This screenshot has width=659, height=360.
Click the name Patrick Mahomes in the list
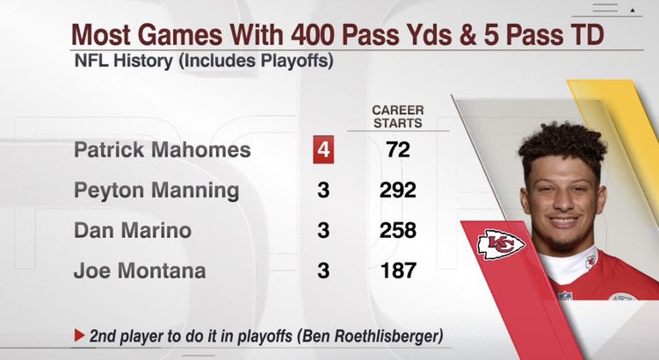(x=163, y=150)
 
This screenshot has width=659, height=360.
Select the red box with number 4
(x=323, y=149)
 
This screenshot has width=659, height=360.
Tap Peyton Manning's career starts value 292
(x=397, y=191)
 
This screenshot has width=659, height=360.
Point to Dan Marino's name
(x=133, y=230)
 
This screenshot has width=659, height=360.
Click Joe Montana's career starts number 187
(x=397, y=270)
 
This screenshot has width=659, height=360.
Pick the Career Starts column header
(x=397, y=117)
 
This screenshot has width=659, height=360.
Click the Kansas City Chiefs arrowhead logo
(x=501, y=244)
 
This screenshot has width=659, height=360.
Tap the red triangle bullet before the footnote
(x=79, y=335)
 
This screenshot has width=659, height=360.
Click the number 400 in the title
(x=313, y=34)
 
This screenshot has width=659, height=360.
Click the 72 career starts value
(x=397, y=149)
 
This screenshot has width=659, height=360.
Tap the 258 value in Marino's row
(x=397, y=230)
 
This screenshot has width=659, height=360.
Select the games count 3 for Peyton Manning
(x=323, y=191)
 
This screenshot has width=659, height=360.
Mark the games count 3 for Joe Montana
(x=323, y=270)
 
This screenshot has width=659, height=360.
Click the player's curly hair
(x=562, y=145)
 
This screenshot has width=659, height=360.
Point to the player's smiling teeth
(x=563, y=220)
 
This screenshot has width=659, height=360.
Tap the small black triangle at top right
(x=632, y=11)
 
